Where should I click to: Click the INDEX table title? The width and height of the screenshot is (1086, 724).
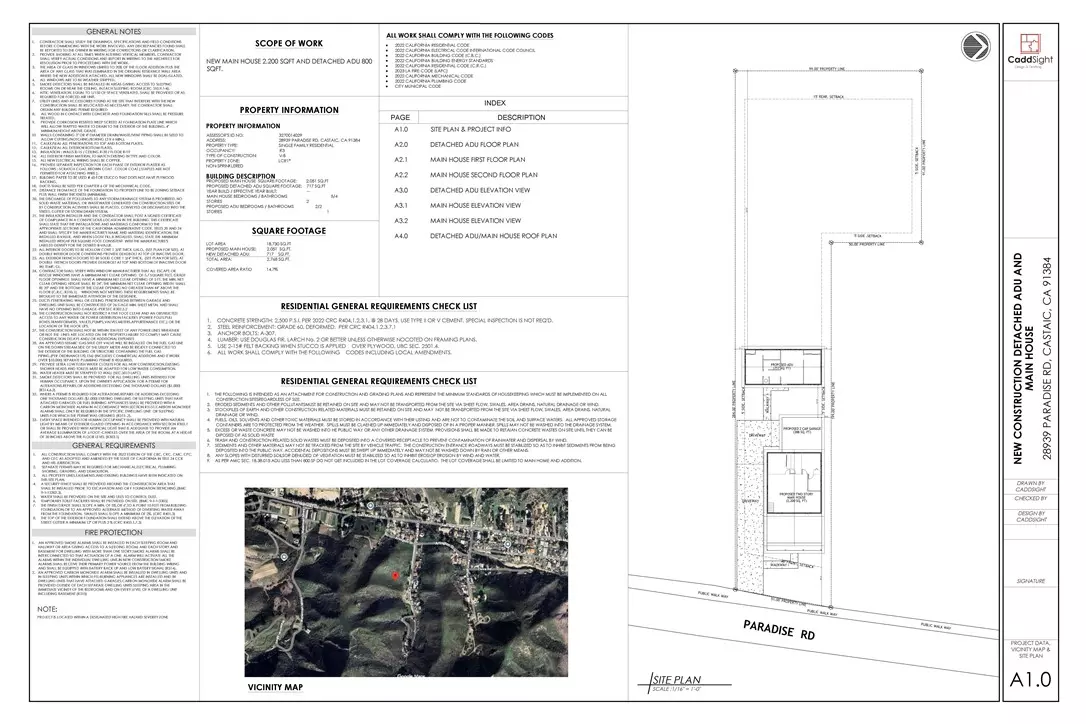pyautogui.click(x=494, y=102)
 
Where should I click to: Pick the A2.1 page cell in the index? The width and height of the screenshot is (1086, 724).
pyautogui.click(x=402, y=158)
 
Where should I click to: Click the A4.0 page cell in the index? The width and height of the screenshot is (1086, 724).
pyautogui.click(x=402, y=235)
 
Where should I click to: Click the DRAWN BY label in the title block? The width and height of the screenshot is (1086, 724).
pyautogui.click(x=1031, y=483)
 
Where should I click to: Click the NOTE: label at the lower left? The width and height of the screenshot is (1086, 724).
pyautogui.click(x=47, y=609)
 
